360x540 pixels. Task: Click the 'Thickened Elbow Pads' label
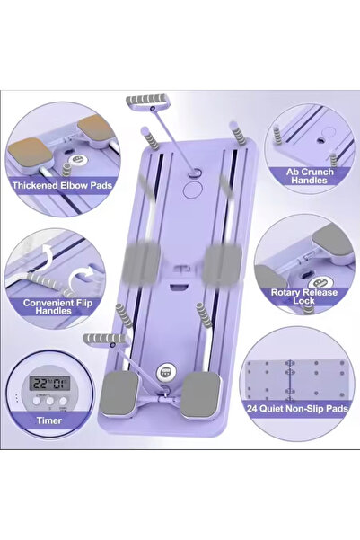pyautogui.click(x=62, y=185)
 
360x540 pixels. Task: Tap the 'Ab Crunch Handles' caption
pyautogui.click(x=310, y=175)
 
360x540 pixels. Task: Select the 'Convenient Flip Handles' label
pyautogui.click(x=57, y=306)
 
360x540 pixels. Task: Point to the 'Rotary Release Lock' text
pyautogui.click(x=304, y=297)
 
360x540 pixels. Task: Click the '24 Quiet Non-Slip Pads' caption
pyautogui.click(x=297, y=409)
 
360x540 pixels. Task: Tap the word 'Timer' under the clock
pyautogui.click(x=48, y=420)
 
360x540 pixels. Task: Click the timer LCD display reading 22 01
pyautogui.click(x=49, y=383)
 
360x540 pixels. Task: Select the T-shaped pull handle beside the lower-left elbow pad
pyautogui.click(x=105, y=339)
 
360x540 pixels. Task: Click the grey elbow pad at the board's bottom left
pyautogui.click(x=119, y=393)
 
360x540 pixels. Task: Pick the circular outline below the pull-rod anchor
pyautogui.click(x=193, y=189)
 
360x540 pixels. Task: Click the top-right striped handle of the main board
pyautogui.click(x=238, y=133)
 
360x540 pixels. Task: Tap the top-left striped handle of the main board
pyautogui.click(x=150, y=138)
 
